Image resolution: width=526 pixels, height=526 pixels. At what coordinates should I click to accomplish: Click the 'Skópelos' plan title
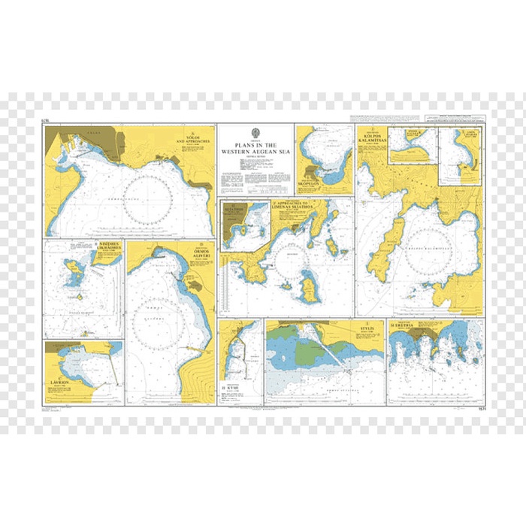tap(320, 183)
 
